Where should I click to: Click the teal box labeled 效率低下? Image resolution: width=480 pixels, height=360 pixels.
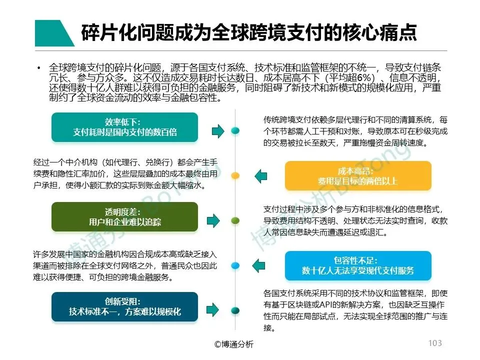(x=124, y=127)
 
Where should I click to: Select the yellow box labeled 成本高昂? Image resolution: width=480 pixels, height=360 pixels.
(x=357, y=175)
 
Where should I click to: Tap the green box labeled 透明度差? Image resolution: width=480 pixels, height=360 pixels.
(x=124, y=216)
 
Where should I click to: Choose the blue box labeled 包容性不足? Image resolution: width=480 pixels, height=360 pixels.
(x=357, y=265)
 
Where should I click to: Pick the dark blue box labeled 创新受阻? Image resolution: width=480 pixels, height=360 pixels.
(x=124, y=306)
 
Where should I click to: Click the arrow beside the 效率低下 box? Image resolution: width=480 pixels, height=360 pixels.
(x=217, y=131)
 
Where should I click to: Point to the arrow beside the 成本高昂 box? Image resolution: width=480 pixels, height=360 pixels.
(x=260, y=176)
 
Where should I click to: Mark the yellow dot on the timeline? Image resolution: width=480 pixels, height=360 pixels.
(x=235, y=175)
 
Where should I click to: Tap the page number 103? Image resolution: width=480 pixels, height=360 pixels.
(x=435, y=343)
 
